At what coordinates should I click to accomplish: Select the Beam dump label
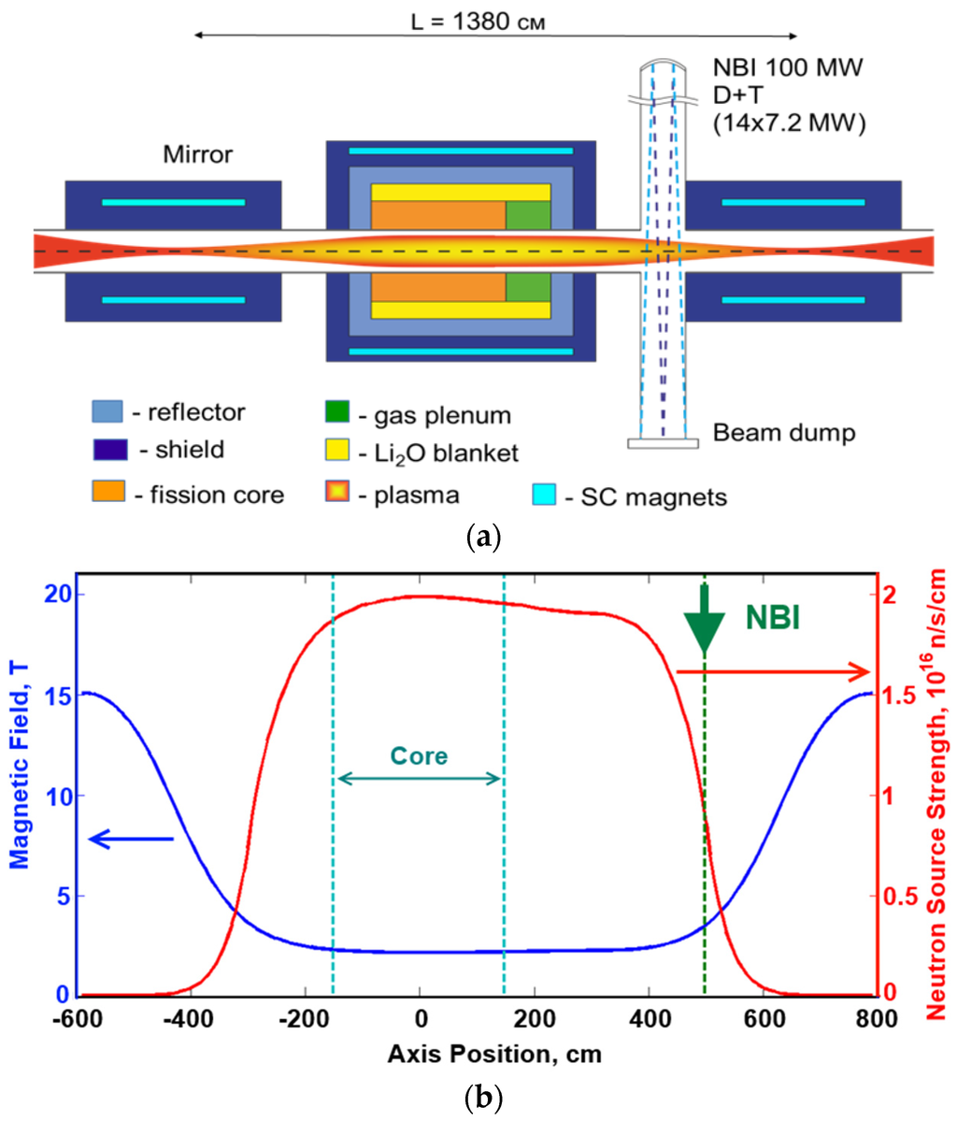click(783, 433)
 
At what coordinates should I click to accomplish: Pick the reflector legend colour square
click(107, 411)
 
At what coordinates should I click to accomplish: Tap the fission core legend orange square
click(107, 493)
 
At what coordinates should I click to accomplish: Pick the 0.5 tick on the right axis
click(899, 896)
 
